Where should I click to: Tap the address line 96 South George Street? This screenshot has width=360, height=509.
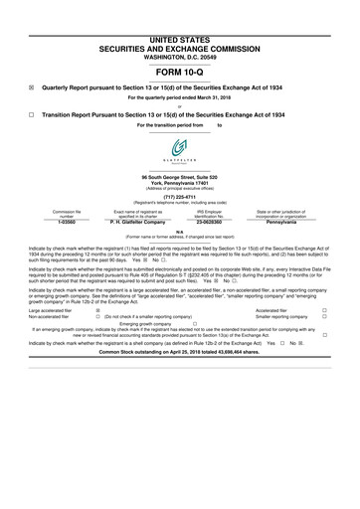pos(180,176)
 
